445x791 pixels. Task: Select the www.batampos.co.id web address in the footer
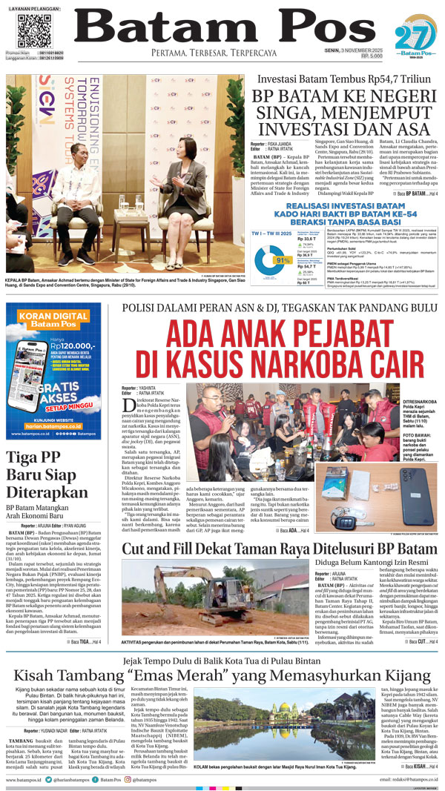click(x=27, y=781)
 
